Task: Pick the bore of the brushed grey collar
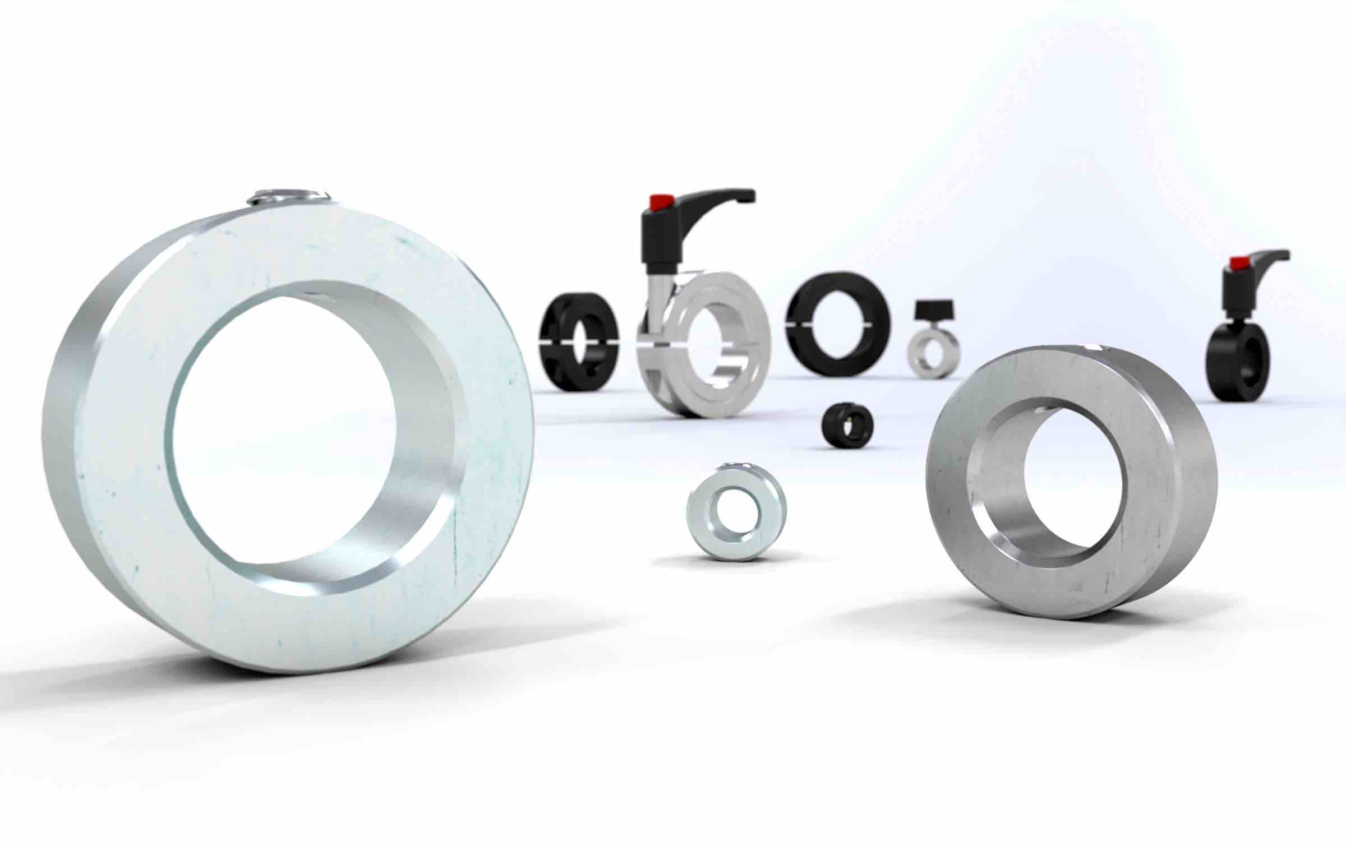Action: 1074,482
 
